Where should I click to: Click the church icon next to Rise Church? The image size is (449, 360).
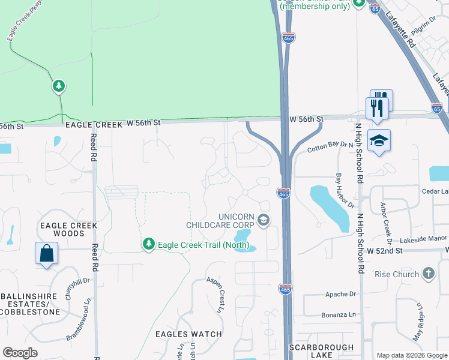(x=428, y=274)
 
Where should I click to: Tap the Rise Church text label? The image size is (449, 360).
(x=397, y=275)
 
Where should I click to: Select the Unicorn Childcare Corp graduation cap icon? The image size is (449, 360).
(x=263, y=221)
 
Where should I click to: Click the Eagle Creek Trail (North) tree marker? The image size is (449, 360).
(x=148, y=244)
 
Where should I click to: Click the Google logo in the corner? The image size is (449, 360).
(x=20, y=353)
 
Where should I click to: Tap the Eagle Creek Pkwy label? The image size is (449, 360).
(x=20, y=28)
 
